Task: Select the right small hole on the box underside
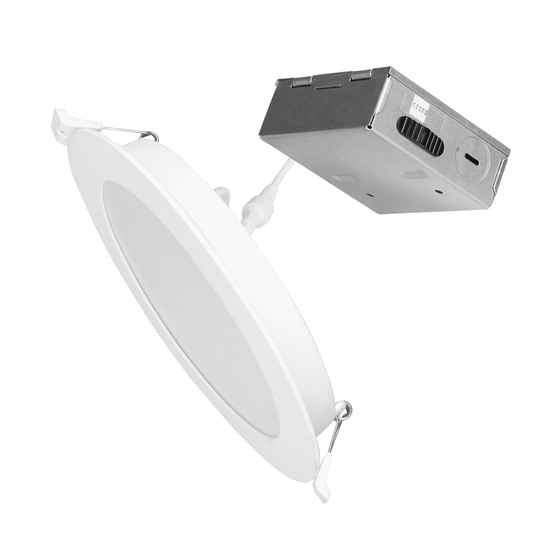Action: tap(437, 191)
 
